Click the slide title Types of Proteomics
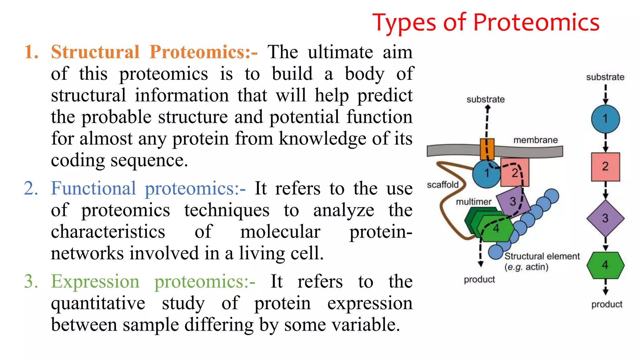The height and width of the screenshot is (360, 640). [486, 22]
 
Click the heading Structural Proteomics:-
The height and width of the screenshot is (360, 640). [154, 52]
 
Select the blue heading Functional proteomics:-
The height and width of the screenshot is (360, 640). [148, 188]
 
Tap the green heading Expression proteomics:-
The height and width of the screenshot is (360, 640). [153, 281]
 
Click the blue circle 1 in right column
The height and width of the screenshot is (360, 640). [605, 119]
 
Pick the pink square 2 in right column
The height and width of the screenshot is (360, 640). [605, 167]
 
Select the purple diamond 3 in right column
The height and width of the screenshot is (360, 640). [605, 218]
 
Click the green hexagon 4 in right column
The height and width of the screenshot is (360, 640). [605, 265]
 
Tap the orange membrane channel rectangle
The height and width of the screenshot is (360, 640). [487, 149]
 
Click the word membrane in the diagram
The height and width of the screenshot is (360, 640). [535, 140]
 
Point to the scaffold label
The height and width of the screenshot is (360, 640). [442, 185]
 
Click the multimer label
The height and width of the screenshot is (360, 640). [474, 202]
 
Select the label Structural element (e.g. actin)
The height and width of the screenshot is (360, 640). [542, 261]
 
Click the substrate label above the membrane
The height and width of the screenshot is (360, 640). [485, 99]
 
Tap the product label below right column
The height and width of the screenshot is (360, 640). [607, 304]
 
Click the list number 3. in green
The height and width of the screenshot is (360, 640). [31, 281]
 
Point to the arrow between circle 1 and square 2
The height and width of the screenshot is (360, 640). [605, 143]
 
